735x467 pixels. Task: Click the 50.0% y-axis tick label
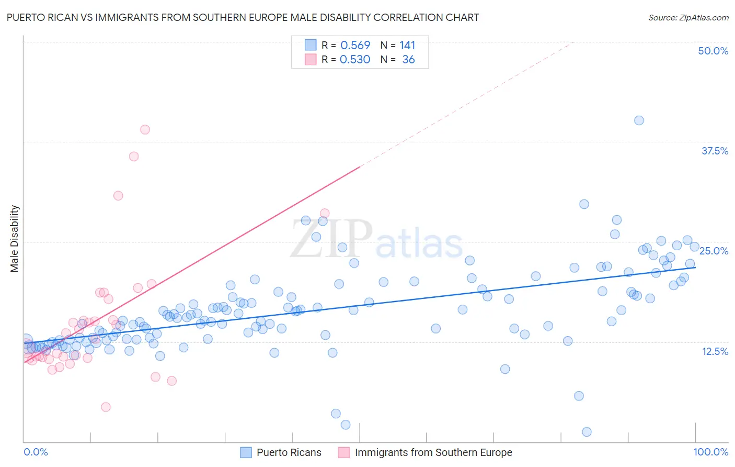pos(713,51)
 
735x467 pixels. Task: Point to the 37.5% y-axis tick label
pos(715,151)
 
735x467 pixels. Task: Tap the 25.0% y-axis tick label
pos(714,251)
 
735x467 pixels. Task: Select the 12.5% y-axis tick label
pos(715,351)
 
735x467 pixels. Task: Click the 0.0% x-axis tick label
pos(36,452)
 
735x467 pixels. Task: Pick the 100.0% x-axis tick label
pos(710,452)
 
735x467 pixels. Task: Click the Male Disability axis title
pos(15,238)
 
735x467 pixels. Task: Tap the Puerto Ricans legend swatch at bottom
pos(246,452)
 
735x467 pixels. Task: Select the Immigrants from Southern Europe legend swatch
pos(343,452)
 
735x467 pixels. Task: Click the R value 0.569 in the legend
pos(355,46)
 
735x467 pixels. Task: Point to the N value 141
pos(407,46)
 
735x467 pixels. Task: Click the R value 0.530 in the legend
pos(355,60)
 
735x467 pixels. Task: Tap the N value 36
pos(408,60)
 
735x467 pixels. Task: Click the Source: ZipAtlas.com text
pos(688,17)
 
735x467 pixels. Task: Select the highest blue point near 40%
pos(639,120)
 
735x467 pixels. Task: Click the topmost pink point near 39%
pos(145,129)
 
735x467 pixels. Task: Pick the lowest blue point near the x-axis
pos(587,432)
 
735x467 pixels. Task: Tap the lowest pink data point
pos(106,407)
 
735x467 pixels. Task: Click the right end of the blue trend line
pos(695,268)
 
